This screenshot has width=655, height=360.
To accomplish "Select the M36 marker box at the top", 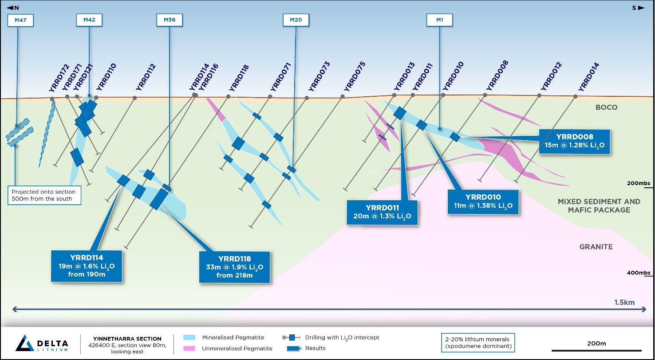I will tap(170, 20).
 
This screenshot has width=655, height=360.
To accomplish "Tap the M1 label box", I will tap(439, 20).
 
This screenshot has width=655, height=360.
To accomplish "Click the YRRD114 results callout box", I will tap(87, 266).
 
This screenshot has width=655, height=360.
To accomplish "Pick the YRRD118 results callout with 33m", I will tap(234, 267).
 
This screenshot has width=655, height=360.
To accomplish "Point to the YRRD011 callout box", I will tap(382, 212).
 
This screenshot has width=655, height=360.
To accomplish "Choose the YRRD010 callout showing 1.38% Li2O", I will tap(483, 202).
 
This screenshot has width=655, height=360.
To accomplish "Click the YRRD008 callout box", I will tap(574, 141).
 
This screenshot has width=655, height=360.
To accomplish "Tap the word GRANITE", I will tap(596, 247).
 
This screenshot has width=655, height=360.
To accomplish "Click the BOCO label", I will tap(606, 107).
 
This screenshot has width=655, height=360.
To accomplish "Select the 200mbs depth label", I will tap(639, 183).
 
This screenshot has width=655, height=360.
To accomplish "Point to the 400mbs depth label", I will tap(639, 273).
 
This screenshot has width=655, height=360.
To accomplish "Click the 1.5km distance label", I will tap(624, 302).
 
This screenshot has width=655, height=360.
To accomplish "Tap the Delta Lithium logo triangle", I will tap(25, 343).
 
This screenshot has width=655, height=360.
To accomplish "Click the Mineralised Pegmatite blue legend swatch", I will tap(189, 338).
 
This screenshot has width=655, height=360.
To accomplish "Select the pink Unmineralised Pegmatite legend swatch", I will tap(189, 348).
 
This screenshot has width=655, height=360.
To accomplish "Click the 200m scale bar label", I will tap(596, 343).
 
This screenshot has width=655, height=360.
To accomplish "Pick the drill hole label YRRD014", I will tap(589, 77).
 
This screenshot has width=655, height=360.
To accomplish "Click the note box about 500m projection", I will tap(44, 195).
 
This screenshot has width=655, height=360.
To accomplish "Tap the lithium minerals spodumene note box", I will tap(478, 342).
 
